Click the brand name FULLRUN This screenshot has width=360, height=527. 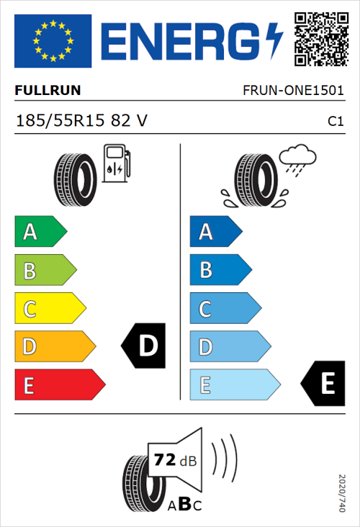[48, 91]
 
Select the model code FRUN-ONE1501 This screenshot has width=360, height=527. [293, 91]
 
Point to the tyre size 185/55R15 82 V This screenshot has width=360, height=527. [81, 120]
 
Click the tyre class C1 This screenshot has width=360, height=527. [335, 121]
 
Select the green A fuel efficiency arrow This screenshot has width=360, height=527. [40, 232]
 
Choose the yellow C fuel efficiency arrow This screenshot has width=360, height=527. [49, 309]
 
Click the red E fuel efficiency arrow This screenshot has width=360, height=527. [59, 385]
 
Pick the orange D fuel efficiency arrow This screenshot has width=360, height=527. [54, 347]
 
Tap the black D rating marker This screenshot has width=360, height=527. [144, 347]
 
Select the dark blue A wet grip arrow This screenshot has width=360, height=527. [215, 232]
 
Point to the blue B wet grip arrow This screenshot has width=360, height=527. [220, 270]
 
